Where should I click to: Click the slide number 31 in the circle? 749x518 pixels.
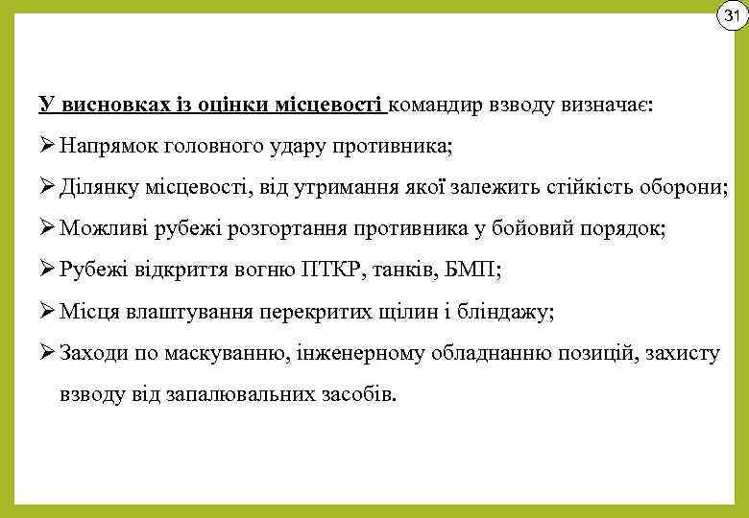[x=731, y=16]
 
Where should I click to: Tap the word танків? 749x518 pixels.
[x=411, y=271]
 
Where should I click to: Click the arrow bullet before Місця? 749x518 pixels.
[x=47, y=313]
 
